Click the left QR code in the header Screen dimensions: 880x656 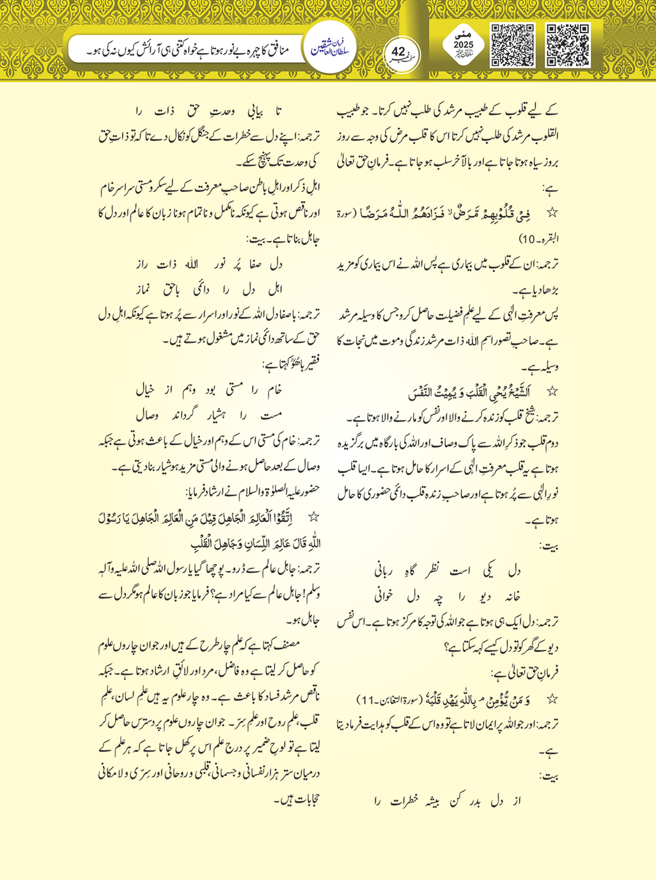coord(512,45)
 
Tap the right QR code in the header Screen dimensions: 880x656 coord(568,45)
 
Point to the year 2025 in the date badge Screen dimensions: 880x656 coord(464,45)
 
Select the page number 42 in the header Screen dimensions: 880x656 coord(398,51)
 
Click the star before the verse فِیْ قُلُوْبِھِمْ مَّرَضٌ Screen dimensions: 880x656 coord(553,212)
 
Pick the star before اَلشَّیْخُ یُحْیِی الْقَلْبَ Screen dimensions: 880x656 coord(553,391)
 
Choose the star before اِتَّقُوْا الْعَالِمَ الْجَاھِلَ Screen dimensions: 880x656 coord(313,517)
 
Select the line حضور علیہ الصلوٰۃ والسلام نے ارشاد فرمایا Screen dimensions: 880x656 coord(253,492)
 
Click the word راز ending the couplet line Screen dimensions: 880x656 coord(146,263)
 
